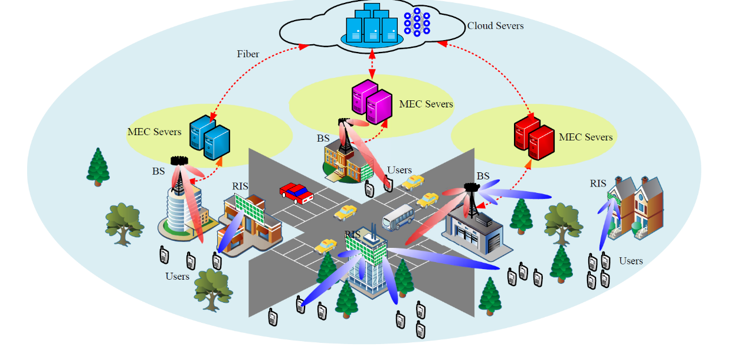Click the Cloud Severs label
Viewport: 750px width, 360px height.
495,26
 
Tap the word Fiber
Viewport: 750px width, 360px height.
248,54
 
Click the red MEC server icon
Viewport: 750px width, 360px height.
533,139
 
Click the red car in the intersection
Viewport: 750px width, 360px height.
297,192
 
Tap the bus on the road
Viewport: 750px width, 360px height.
398,217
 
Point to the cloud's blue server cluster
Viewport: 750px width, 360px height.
372,25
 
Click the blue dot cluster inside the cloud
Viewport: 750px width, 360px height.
417,22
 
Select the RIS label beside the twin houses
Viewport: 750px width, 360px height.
598,184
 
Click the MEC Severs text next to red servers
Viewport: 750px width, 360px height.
585,138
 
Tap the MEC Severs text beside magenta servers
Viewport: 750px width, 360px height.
426,104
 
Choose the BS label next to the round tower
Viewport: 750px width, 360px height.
158,172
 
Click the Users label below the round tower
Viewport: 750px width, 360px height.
177,276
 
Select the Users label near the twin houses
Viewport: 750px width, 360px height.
631,261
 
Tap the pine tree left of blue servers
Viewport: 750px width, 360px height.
98,166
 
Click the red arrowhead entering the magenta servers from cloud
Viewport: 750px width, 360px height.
372,75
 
